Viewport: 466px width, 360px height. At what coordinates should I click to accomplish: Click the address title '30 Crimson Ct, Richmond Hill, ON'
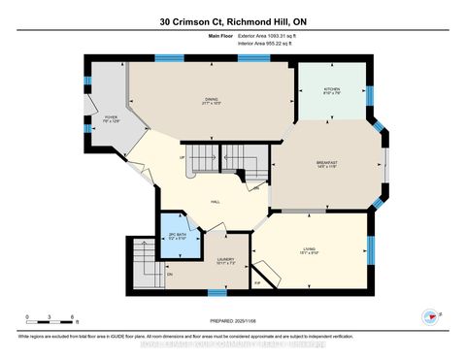point(233,21)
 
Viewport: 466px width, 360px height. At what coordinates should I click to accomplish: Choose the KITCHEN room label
point(332,89)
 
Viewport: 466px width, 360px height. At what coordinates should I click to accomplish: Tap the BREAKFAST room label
point(325,163)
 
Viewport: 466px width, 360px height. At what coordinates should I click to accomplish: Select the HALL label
point(219,201)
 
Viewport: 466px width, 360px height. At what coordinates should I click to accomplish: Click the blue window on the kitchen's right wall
point(369,94)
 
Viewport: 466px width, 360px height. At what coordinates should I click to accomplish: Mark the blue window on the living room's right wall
point(369,251)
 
